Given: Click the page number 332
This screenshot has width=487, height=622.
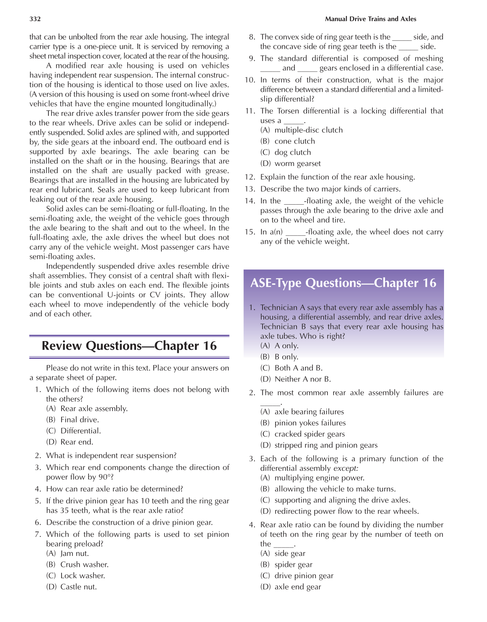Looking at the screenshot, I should coord(35,19).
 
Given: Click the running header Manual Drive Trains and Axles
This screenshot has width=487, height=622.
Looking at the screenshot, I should coord(370,19).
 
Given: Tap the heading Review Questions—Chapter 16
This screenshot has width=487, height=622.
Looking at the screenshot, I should coord(129,346).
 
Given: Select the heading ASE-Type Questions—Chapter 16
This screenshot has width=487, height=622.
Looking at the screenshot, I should coord(343,283).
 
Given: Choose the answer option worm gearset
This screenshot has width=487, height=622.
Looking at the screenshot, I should coord(297,163).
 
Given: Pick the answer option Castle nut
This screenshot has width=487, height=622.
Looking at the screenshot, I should coord(78,587).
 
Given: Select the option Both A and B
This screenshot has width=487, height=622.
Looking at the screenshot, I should coord(298,368).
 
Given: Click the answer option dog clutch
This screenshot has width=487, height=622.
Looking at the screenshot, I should coord(292,152).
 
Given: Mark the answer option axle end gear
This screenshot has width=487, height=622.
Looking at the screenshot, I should coord(297,587).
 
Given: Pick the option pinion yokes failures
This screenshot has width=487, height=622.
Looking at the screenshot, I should coord(310,423).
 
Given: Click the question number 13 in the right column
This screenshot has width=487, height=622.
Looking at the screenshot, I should coord(250,189).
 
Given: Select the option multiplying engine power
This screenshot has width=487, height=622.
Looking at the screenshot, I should coord(319,478).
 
